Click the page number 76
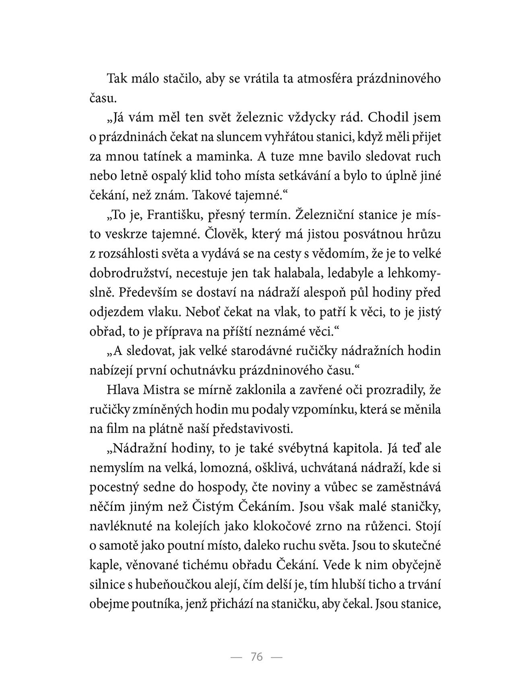click(256, 657)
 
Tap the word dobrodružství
click(131, 273)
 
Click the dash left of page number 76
click(236, 657)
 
